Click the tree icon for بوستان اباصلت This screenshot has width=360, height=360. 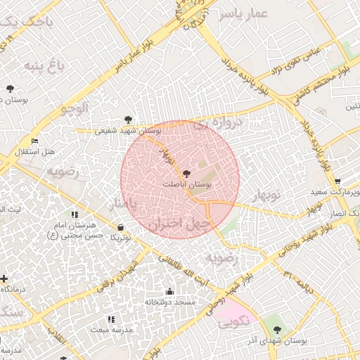(x=186, y=173)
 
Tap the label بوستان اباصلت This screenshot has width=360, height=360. (x=187, y=184)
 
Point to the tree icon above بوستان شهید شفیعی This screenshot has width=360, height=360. (x=127, y=120)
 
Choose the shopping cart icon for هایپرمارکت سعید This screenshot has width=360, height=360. (x=338, y=181)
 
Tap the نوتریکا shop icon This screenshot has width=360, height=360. (x=122, y=227)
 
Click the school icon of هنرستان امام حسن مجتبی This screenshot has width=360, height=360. (x=75, y=214)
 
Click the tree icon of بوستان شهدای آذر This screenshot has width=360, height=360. (x=277, y=329)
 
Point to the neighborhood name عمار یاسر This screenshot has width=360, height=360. (x=243, y=15)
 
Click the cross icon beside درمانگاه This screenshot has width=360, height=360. (x=4, y=278)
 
